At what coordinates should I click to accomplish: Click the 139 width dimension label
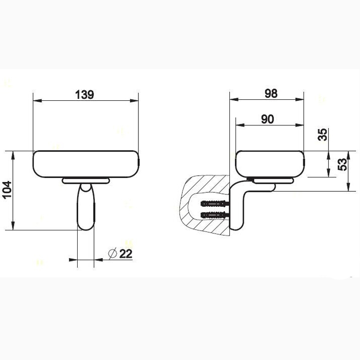click(84, 95)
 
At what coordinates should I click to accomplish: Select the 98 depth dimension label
click(271, 94)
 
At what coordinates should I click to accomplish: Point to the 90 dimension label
click(267, 119)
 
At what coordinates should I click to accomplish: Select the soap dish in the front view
click(86, 164)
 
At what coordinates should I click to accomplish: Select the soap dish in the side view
click(269, 164)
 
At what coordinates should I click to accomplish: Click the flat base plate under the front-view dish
click(85, 181)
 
